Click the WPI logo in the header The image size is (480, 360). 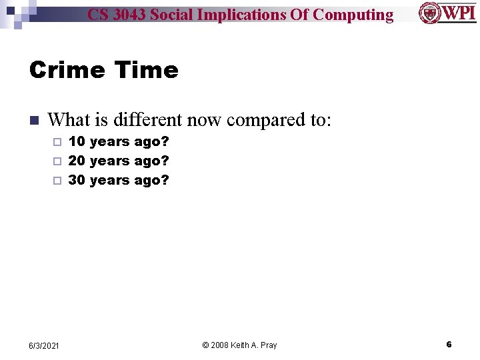tap(447, 13)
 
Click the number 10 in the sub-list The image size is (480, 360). tap(77, 141)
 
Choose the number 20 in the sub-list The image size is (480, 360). tap(77, 161)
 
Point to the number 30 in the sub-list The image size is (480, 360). tap(77, 180)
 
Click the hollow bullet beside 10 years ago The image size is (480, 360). tap(57, 142)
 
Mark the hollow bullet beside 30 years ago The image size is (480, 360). tap(57, 181)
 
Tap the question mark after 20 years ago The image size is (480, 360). tap(165, 161)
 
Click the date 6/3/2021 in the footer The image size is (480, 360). tap(44, 345)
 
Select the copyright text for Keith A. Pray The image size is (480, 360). tap(239, 345)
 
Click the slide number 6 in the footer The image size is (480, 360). tap(449, 345)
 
